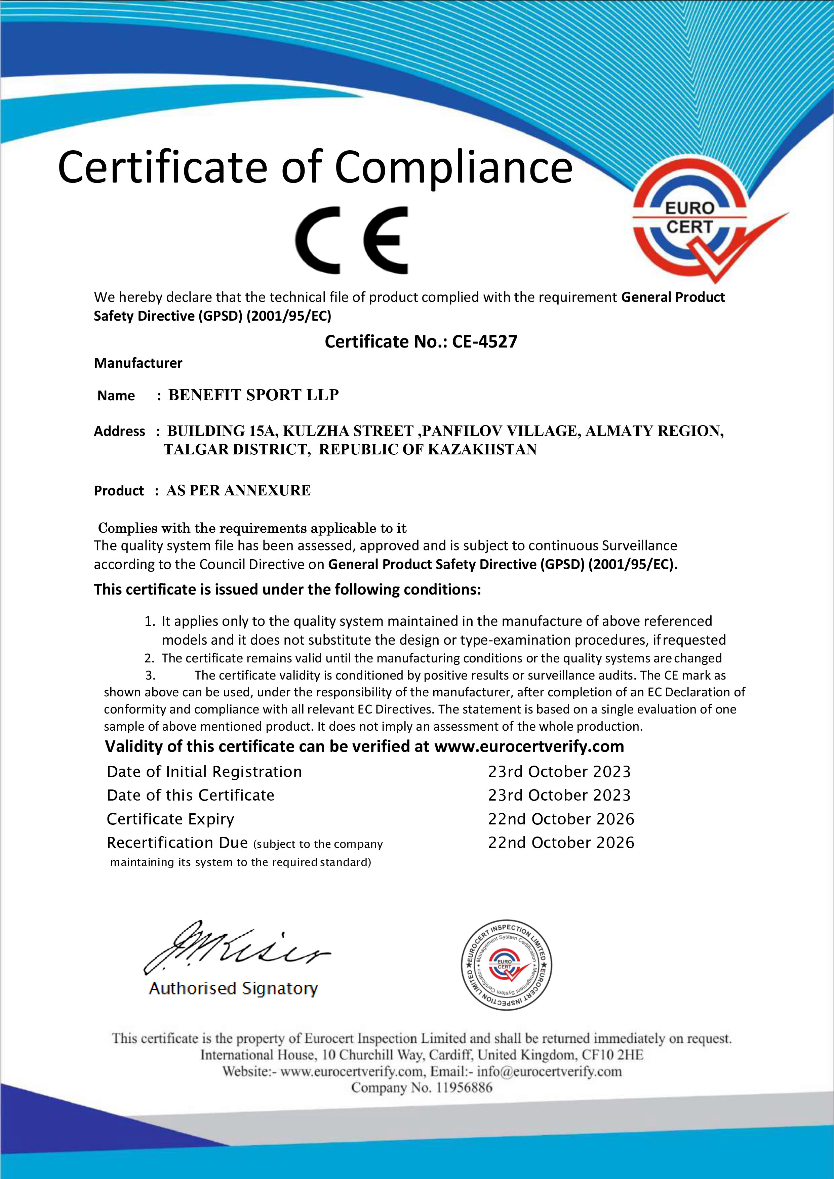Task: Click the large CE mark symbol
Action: (x=352, y=240)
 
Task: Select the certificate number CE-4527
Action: (x=484, y=341)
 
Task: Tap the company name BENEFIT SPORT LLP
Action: (x=253, y=395)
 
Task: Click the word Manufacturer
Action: (x=137, y=363)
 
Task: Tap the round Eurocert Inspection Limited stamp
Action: (x=506, y=965)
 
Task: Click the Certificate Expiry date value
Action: (x=561, y=819)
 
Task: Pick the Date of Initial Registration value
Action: (x=559, y=772)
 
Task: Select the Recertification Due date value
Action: (x=561, y=843)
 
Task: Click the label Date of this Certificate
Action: (x=191, y=796)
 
